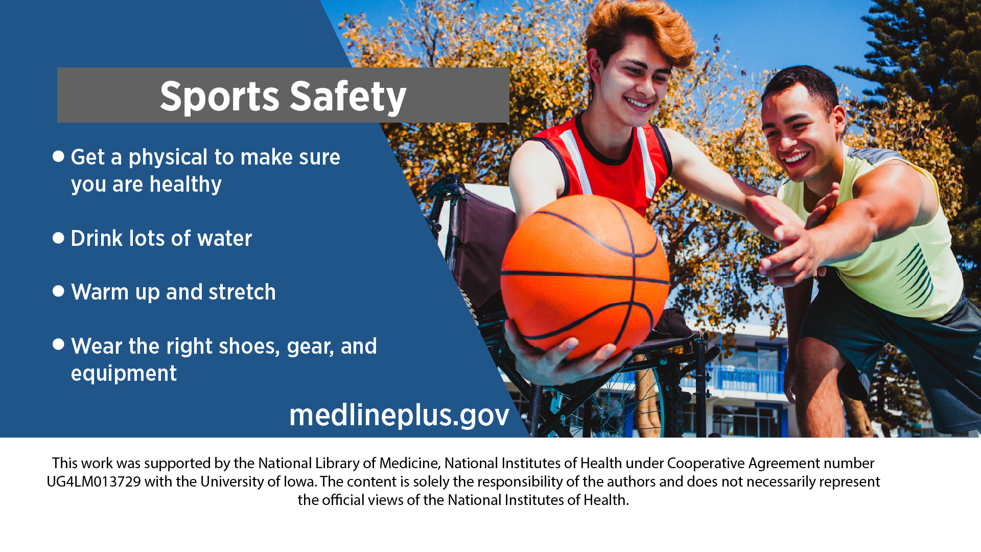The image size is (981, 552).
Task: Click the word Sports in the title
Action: click(220, 97)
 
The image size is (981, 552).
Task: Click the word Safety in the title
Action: click(348, 97)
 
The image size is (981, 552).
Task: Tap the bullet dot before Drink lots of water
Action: click(58, 238)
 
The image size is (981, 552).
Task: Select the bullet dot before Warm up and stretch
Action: click(58, 291)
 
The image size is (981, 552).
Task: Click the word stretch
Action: click(242, 292)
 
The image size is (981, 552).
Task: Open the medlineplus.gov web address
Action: click(399, 415)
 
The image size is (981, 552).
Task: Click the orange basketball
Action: click(585, 276)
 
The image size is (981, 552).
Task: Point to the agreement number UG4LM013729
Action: click(94, 481)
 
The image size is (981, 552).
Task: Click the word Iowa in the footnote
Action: click(299, 481)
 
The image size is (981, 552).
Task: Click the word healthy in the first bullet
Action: click(185, 185)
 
